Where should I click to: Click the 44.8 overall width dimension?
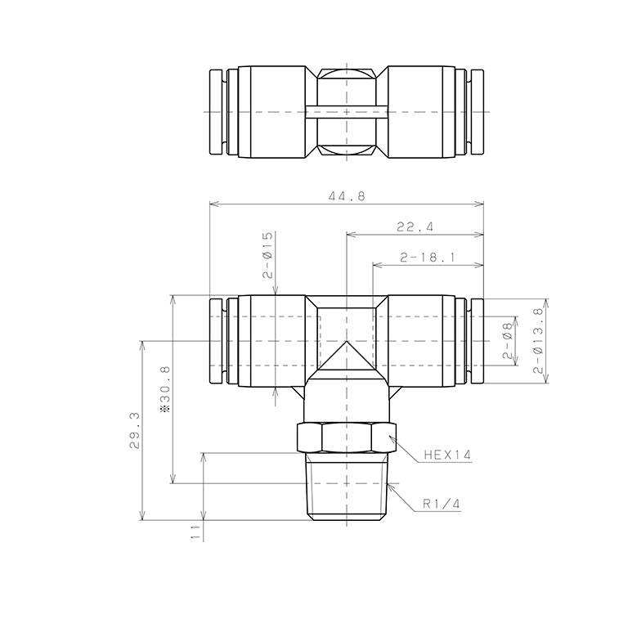tap(347, 196)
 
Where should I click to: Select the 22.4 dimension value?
tap(415, 227)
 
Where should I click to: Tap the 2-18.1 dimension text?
tap(428, 257)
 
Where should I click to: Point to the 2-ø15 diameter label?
tap(267, 255)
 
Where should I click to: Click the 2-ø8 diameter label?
tap(508, 341)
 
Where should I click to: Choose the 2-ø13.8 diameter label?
tap(539, 341)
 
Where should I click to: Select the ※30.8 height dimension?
tap(165, 389)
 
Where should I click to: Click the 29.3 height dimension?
tap(134, 431)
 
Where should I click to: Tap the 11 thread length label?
tap(195, 532)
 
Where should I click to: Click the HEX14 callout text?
tap(447, 455)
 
